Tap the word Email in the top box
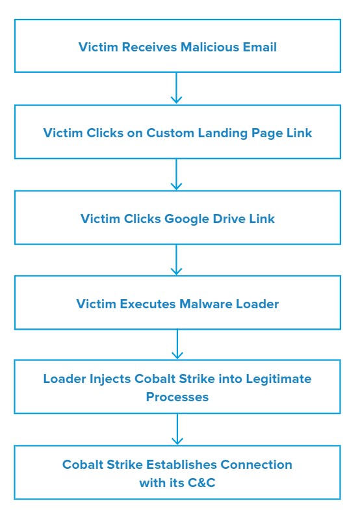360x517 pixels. tap(259, 47)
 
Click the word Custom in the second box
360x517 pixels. tap(170, 133)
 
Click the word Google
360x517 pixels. tap(186, 219)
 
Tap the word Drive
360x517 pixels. tap(229, 219)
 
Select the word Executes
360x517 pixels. tap(148, 304)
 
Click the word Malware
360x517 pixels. tap(206, 304)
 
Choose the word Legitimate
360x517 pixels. tap(278, 379)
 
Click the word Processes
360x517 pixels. tap(177, 397)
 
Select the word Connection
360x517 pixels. tap(256, 464)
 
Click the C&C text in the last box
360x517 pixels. tap(201, 483)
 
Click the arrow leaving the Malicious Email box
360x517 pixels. tap(177, 88)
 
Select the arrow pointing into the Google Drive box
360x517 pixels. tap(177, 174)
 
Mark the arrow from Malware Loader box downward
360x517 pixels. tap(177, 344)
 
